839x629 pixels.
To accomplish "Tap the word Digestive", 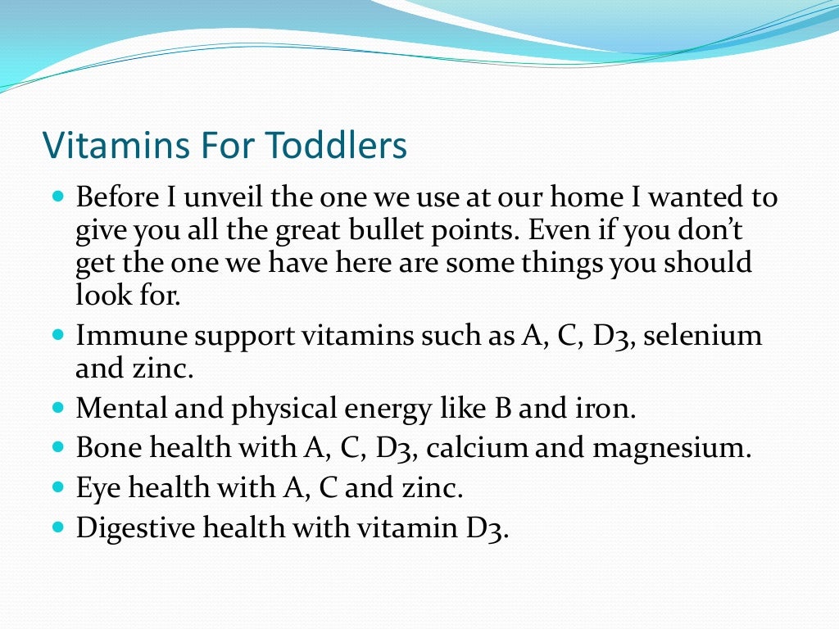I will (129, 528).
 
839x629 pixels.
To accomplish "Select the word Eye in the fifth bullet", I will (94, 489).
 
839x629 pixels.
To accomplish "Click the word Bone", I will (103, 449).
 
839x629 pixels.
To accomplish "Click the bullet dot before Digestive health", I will (57, 527).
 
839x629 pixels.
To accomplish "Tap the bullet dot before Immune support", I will (57, 335).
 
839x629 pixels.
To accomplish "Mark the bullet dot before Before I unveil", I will (57, 197).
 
